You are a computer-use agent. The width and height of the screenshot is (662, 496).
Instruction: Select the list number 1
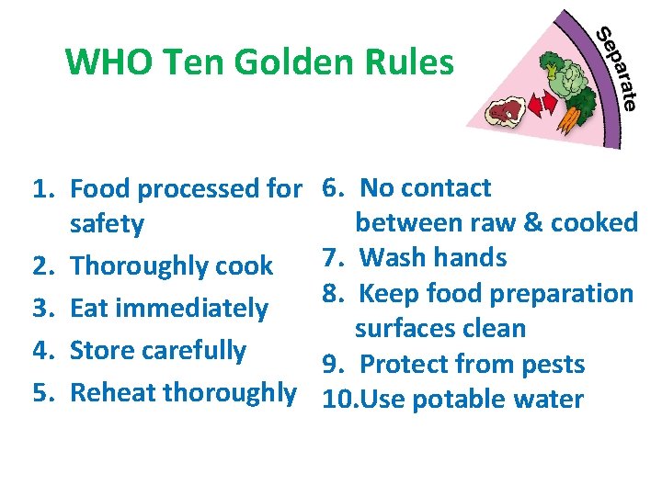(x=42, y=190)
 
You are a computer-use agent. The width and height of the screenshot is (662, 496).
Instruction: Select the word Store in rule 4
(x=97, y=350)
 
